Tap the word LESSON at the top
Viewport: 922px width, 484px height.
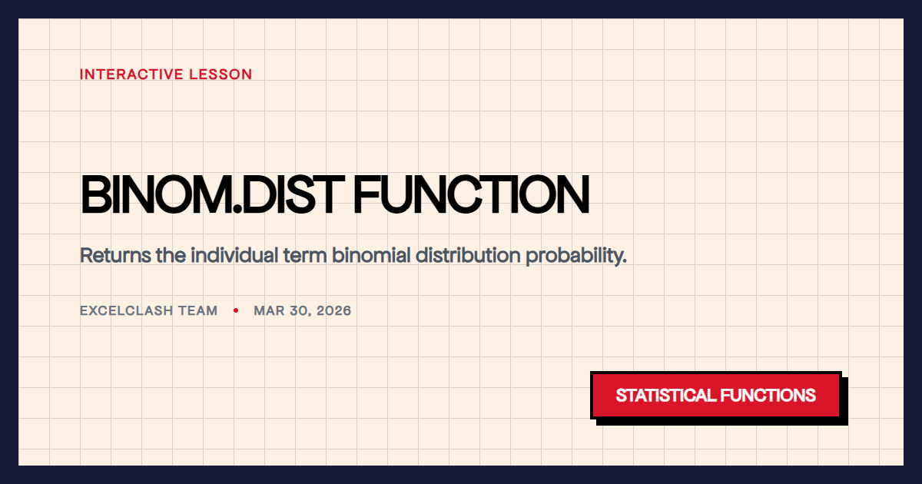pyautogui.click(x=221, y=75)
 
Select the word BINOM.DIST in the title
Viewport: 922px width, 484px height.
pyautogui.click(x=212, y=194)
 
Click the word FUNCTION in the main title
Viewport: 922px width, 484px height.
pyautogui.click(x=472, y=194)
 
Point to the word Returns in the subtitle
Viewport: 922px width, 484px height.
pyautogui.click(x=116, y=255)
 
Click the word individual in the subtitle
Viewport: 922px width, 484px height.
pyautogui.click(x=234, y=255)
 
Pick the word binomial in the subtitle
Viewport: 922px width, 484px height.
pyautogui.click(x=371, y=255)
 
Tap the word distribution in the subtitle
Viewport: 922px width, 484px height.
pyautogui.click(x=468, y=255)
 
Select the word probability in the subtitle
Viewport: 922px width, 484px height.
pyautogui.click(x=575, y=257)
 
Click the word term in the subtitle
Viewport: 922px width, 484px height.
pyautogui.click(x=305, y=256)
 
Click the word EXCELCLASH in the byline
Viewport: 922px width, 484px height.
pyautogui.click(x=126, y=310)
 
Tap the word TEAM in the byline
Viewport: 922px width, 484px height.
pyautogui.click(x=197, y=310)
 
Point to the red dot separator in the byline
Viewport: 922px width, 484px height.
pyautogui.click(x=236, y=310)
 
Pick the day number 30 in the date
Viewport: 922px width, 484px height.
pyautogui.click(x=300, y=310)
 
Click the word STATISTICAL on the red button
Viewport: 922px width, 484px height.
pyautogui.click(x=666, y=396)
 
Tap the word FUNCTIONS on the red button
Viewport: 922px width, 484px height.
pyautogui.click(x=768, y=396)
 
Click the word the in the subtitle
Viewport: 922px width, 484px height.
pyautogui.click(x=171, y=255)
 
